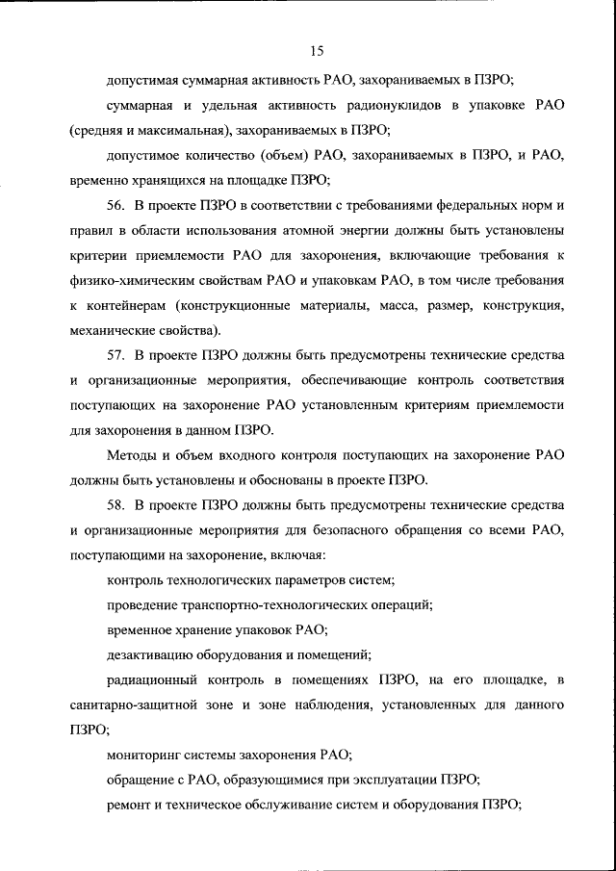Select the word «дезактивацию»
[148, 655]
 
